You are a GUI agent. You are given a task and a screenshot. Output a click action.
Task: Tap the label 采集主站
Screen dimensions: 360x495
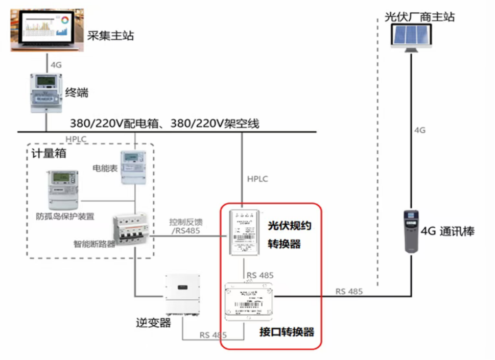tap(110, 36)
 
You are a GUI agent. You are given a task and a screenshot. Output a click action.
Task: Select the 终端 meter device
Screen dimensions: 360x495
tap(46, 92)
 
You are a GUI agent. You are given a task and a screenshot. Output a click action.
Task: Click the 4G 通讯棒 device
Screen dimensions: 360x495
tap(411, 231)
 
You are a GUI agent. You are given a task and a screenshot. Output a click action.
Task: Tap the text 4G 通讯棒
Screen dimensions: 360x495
tap(447, 231)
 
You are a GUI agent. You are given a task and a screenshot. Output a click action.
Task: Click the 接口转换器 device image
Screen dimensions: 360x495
tap(249, 301)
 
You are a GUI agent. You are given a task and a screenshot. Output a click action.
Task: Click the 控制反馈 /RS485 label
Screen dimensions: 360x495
tap(186, 226)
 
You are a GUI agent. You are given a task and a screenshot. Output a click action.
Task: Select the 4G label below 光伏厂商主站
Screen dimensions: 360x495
tap(419, 130)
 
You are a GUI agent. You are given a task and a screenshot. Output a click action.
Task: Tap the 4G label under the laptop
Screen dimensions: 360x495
tap(57, 65)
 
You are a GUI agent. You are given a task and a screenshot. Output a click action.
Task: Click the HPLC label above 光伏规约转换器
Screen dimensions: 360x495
tap(257, 179)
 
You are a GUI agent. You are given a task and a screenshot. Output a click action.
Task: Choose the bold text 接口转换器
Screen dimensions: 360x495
tap(287, 332)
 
